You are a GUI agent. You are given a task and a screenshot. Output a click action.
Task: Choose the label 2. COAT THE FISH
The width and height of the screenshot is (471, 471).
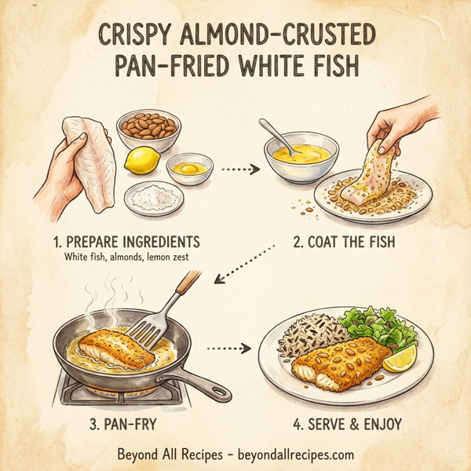(344, 243)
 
